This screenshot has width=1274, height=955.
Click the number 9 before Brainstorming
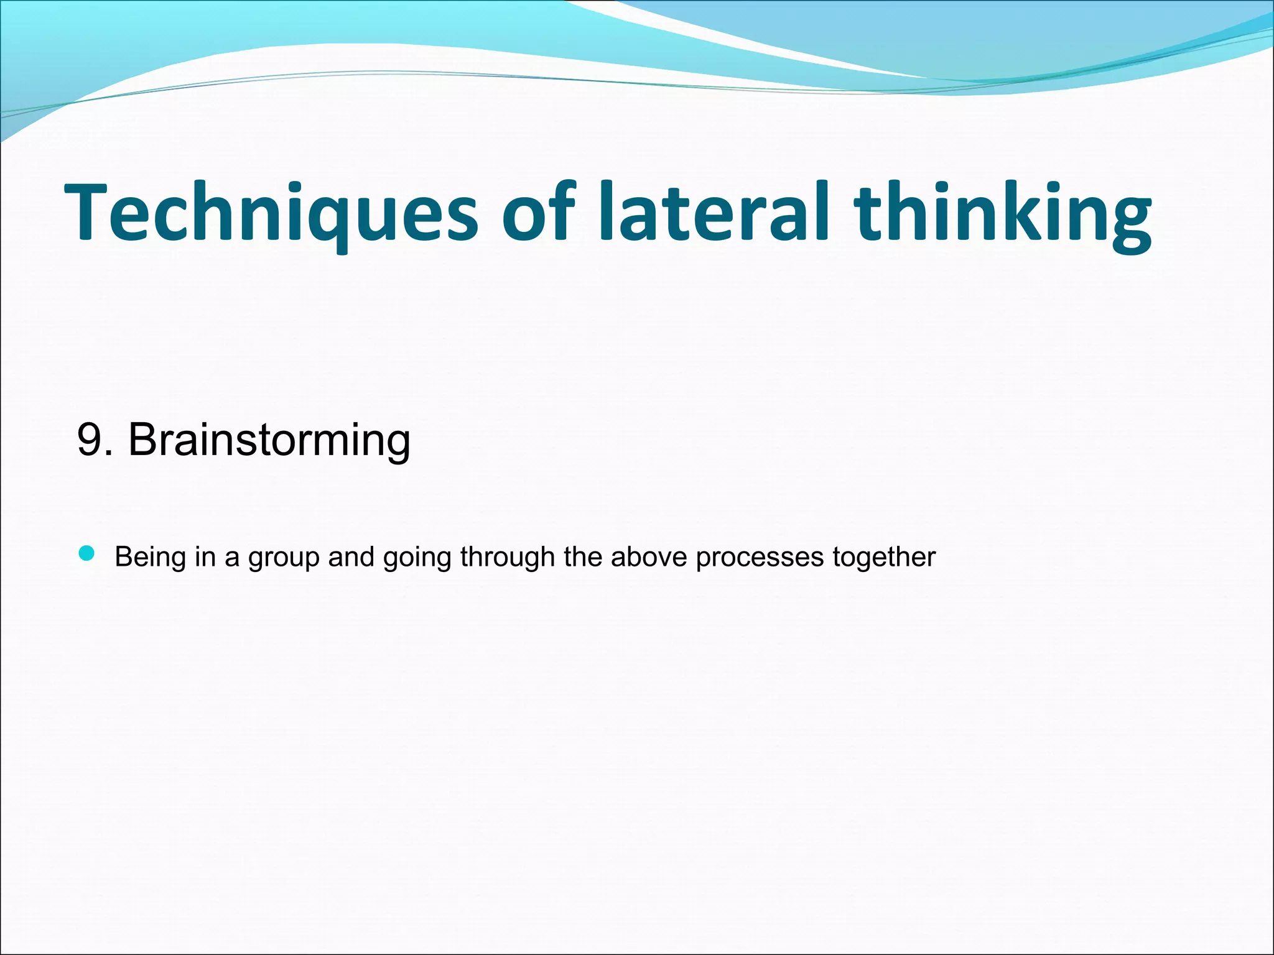(x=90, y=440)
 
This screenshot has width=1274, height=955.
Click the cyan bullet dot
(x=87, y=553)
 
